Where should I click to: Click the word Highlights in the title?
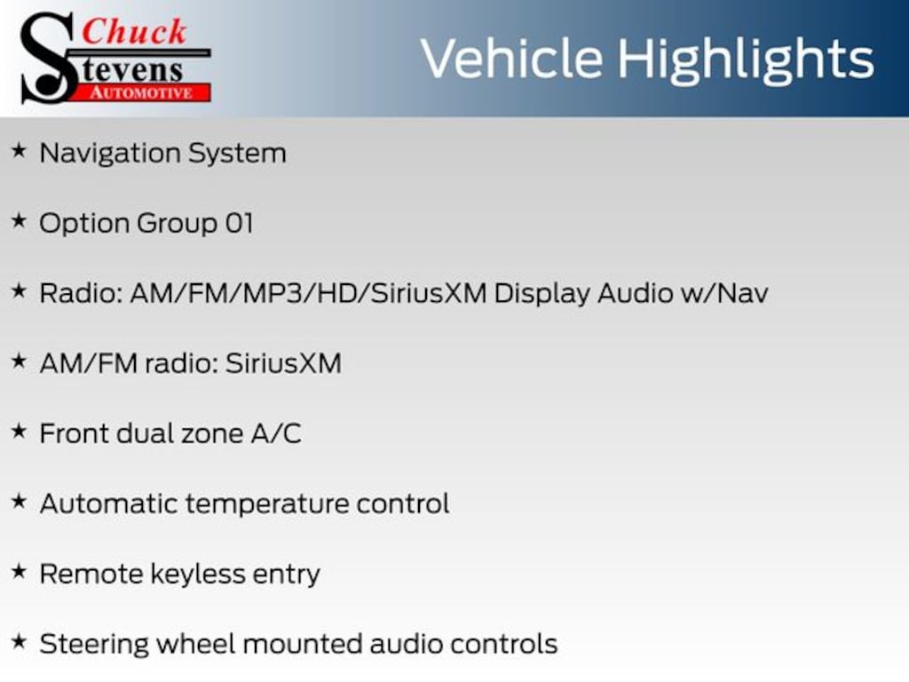tap(747, 59)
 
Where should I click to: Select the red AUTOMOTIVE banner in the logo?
tap(146, 91)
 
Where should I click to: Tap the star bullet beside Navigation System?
tap(19, 152)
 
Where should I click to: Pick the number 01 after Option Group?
tap(239, 223)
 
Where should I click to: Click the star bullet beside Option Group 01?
tap(19, 222)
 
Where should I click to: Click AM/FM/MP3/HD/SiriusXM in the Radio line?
tap(308, 293)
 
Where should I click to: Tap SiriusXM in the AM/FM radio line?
tap(283, 363)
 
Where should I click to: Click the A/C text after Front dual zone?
tap(276, 433)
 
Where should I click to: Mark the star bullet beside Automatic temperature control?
tap(19, 503)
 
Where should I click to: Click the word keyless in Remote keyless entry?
tap(184, 574)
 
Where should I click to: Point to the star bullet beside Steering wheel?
tap(19, 642)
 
